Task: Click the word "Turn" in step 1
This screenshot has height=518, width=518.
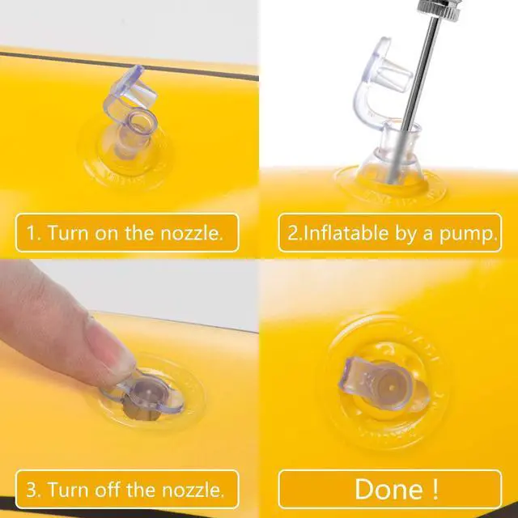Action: (x=68, y=233)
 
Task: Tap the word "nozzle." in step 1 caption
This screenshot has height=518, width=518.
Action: (x=191, y=233)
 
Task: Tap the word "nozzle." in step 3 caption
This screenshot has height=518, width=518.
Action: (x=193, y=490)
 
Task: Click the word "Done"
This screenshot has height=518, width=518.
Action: (x=388, y=489)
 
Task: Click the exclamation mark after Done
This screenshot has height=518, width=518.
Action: (x=435, y=489)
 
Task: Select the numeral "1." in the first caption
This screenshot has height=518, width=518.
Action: (x=33, y=233)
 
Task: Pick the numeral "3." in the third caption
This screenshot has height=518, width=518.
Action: (x=34, y=490)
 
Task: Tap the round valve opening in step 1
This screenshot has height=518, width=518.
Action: (x=142, y=122)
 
